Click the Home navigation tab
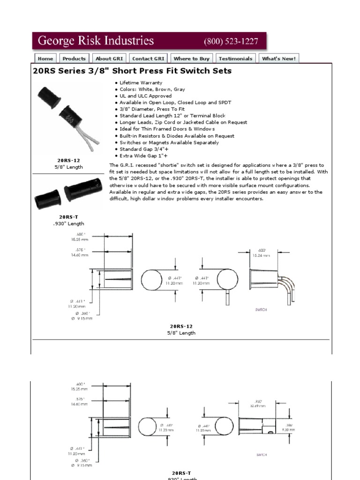45,59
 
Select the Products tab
74,59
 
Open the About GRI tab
109,59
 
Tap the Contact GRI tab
148,59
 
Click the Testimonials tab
235,59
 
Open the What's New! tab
278,59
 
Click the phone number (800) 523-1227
231,41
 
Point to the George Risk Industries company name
96,41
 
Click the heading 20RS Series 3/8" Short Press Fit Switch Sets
132,71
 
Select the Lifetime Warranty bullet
141,82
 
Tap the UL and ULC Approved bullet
145,96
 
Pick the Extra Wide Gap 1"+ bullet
143,155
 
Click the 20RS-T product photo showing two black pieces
68,193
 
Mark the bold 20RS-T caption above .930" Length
68,217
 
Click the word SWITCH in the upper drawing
261,310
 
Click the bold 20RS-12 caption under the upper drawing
181,326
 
